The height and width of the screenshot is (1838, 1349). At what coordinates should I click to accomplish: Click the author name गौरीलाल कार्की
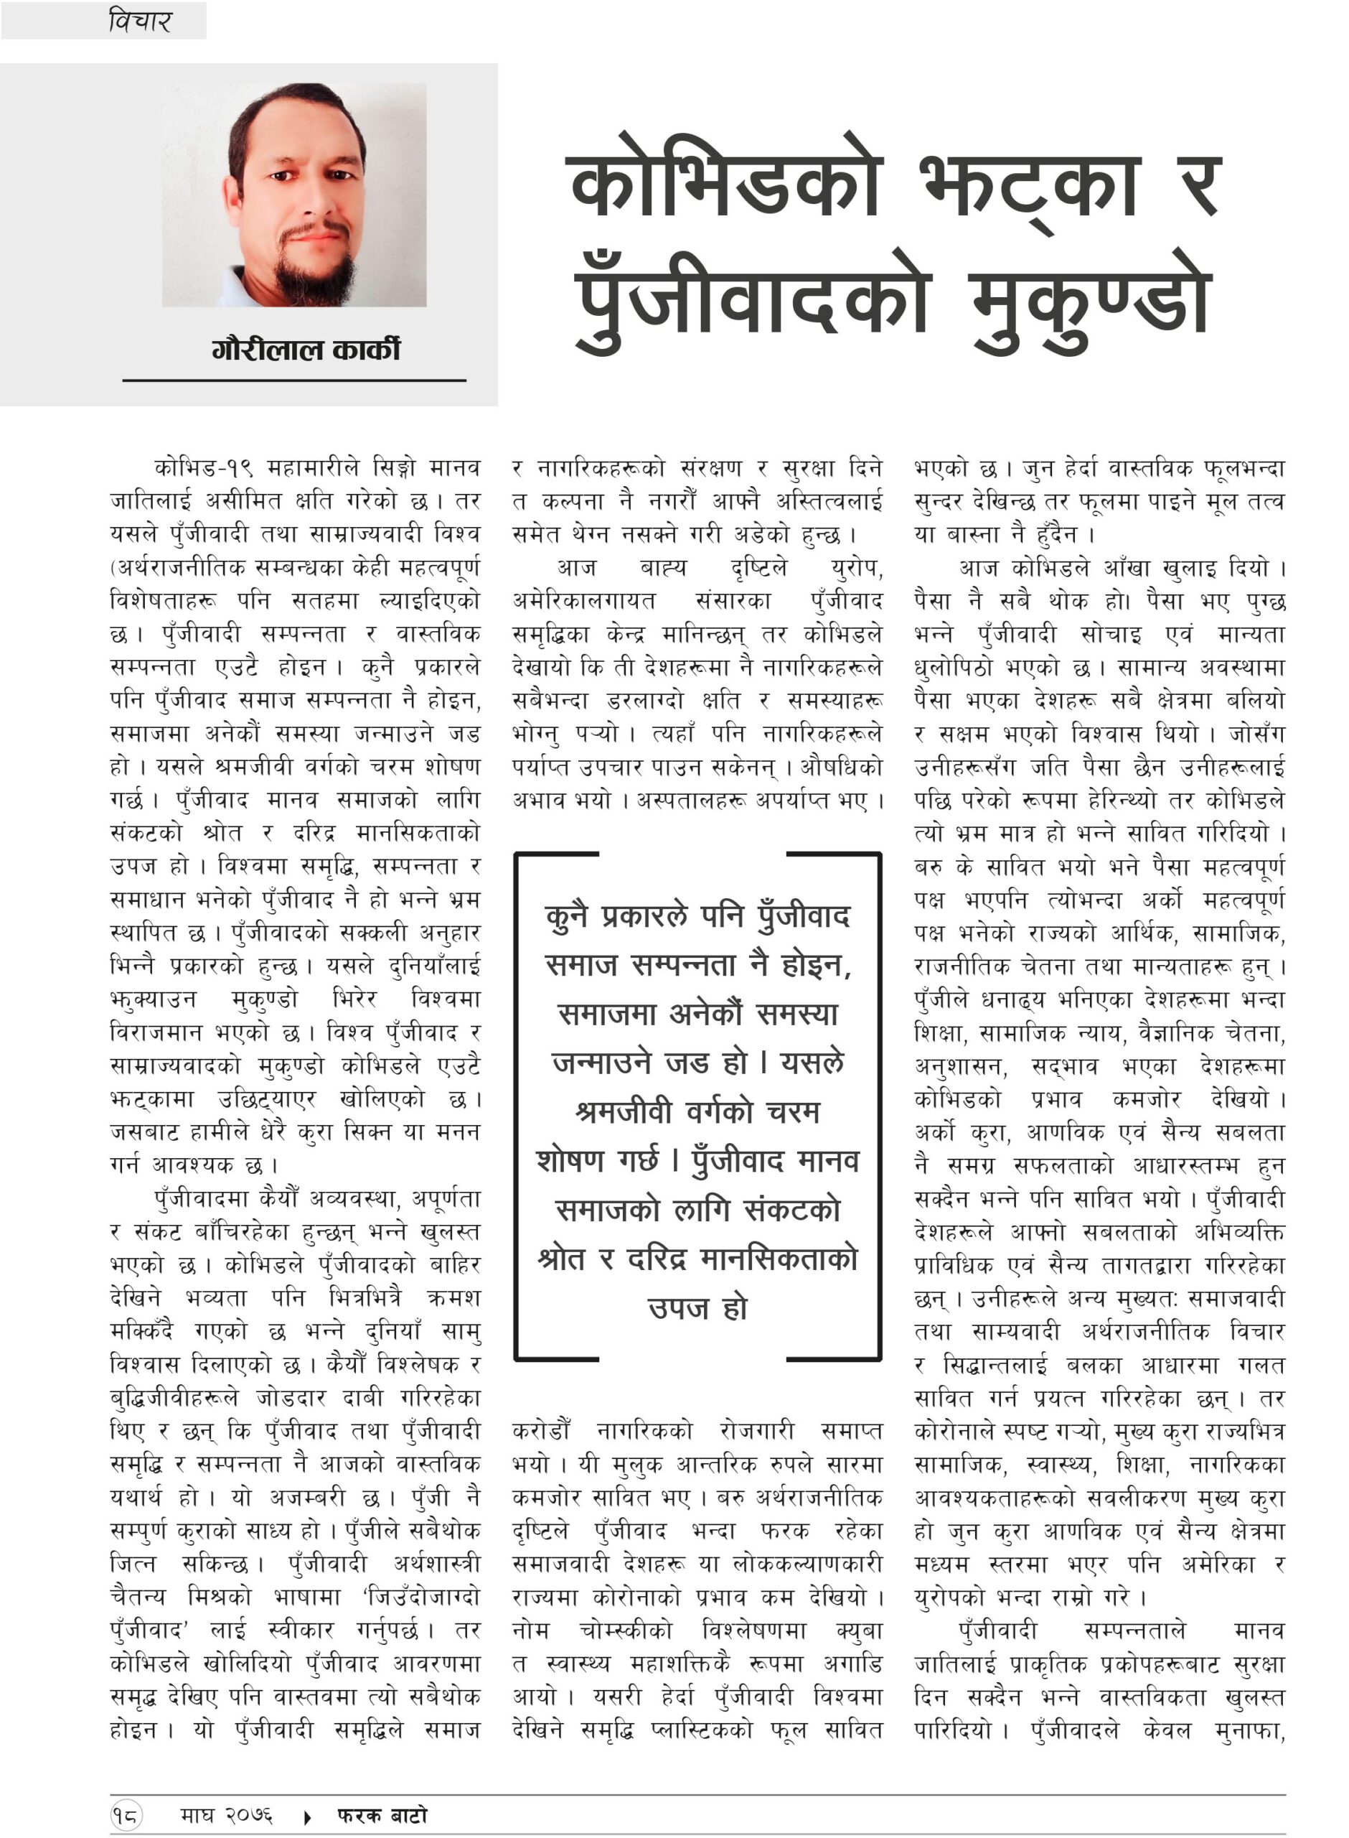306,350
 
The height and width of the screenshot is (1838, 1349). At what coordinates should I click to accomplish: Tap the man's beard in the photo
314,276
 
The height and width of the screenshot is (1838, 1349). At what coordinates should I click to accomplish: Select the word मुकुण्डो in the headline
1089,302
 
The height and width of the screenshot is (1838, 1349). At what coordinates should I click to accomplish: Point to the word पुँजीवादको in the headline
752,302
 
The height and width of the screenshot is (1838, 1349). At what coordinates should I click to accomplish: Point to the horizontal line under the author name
294,380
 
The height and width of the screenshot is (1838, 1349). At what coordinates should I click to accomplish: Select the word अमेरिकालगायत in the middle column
584,601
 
